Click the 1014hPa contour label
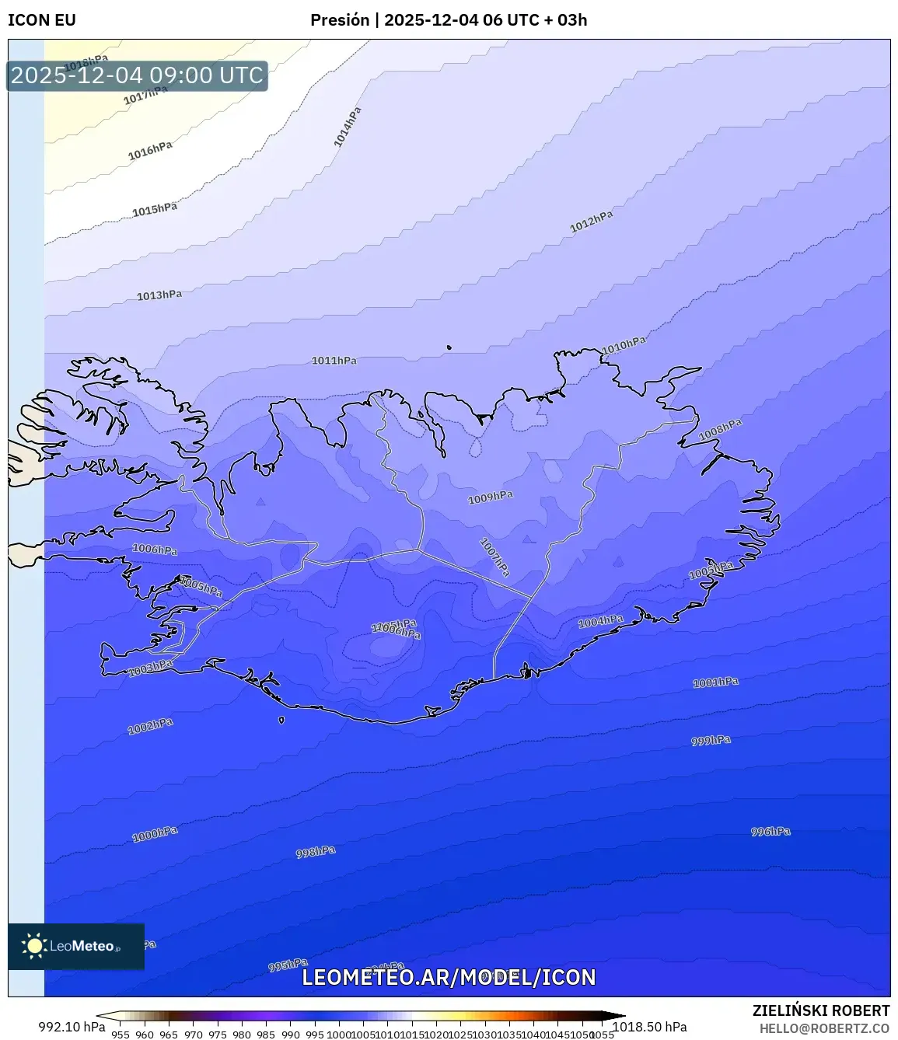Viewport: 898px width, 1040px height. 348,127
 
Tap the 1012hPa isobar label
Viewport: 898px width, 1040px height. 591,222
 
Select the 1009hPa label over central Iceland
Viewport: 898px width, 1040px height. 490,497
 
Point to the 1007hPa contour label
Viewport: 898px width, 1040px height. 494,557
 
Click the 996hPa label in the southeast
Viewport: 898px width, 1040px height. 770,832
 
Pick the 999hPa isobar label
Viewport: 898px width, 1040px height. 711,741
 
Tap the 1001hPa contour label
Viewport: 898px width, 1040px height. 715,682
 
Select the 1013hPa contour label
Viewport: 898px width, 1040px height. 159,295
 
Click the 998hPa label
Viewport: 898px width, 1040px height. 316,852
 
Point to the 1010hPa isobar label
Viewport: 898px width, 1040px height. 624,346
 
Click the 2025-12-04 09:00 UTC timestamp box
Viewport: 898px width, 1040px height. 137,76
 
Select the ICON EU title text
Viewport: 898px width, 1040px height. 42,20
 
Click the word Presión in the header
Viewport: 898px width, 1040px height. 340,20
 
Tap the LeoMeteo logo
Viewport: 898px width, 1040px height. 76,946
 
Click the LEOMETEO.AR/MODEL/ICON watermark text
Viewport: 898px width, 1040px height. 449,978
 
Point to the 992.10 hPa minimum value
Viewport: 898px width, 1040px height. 72,1027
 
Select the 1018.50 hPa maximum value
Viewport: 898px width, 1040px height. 650,1027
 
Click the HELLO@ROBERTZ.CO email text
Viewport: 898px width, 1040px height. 824,1028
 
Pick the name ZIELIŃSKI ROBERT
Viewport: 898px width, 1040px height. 821,1010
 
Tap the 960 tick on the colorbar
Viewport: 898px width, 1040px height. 145,1035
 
